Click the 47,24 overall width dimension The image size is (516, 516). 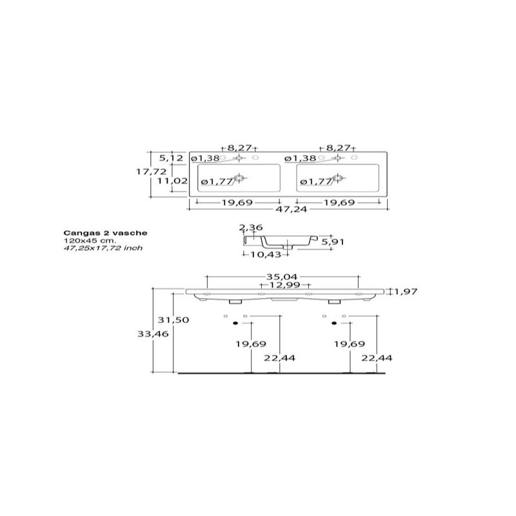coord(291,209)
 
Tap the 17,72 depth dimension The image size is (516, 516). coord(152,172)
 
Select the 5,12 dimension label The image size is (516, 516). coord(171,158)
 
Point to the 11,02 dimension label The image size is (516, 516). coord(172,181)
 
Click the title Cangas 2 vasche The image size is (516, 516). coord(105,233)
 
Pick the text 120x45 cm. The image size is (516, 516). coord(90,241)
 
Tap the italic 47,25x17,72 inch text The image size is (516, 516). coord(103,248)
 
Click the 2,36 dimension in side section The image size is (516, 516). coord(251,228)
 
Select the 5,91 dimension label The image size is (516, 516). coord(333,242)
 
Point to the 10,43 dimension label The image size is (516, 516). coord(266,254)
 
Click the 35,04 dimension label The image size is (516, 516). coord(282,277)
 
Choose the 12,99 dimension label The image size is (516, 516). coord(284,284)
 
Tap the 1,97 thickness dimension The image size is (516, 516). coord(406,292)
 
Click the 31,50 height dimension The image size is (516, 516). coord(174,320)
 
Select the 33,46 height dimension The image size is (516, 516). coord(153,334)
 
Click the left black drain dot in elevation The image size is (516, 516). coord(235,323)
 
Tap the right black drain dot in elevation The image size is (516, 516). coord(334,323)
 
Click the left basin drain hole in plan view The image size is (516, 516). coord(239,178)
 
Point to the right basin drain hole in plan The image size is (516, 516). coord(338,178)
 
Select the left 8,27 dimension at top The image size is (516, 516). coord(239,148)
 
